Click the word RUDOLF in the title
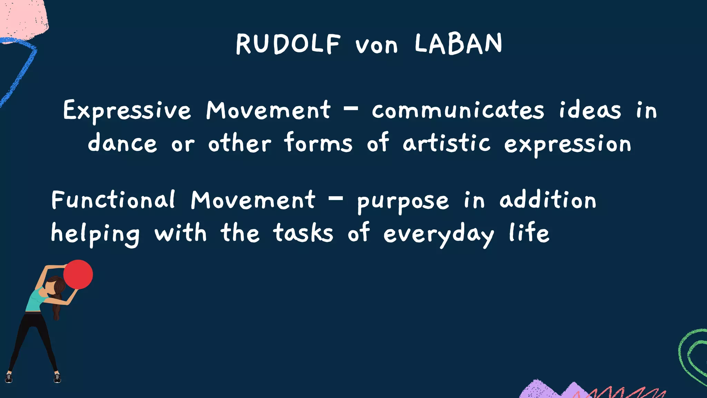[x=288, y=44]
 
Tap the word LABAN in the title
[x=458, y=44]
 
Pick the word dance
[x=122, y=143]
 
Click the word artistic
[x=446, y=143]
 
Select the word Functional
[x=113, y=200]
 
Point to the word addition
[x=548, y=200]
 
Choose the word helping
[x=95, y=234]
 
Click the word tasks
[x=303, y=233]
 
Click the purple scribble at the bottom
[x=545, y=390]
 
